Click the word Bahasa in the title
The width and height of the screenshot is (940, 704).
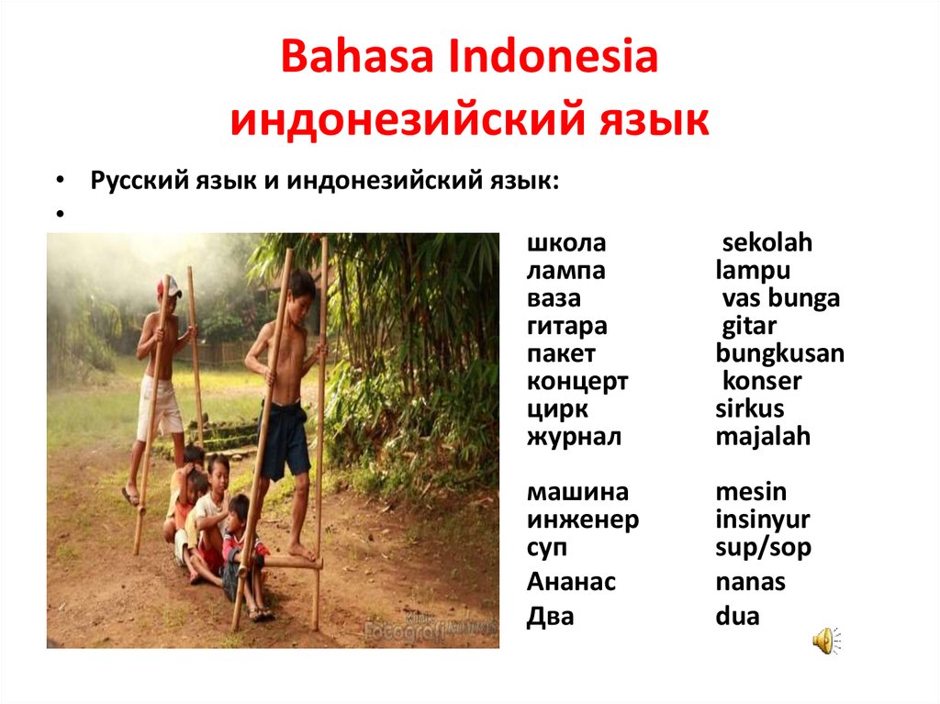[x=357, y=56]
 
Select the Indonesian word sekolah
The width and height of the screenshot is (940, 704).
[x=767, y=242]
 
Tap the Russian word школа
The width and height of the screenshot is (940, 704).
[x=565, y=243]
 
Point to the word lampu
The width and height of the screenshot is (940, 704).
[x=753, y=271]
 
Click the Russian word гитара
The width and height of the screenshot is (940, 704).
[x=566, y=327]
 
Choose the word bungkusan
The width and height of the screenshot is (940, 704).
[x=780, y=353]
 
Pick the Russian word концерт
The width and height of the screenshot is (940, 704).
[x=577, y=382]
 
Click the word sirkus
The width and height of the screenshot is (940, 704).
[x=749, y=408]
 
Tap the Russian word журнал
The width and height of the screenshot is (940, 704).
[x=574, y=437]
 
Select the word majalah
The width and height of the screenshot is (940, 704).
[x=763, y=437]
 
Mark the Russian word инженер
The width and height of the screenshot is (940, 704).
[x=583, y=520]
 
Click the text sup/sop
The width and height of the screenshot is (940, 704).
[x=763, y=547]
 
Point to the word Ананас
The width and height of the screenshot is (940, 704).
[x=571, y=582]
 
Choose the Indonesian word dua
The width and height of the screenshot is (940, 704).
[x=737, y=616]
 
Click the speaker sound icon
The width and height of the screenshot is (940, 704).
[x=827, y=641]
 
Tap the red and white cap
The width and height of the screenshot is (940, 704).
[x=170, y=286]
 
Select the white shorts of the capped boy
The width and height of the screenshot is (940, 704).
[x=159, y=408]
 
